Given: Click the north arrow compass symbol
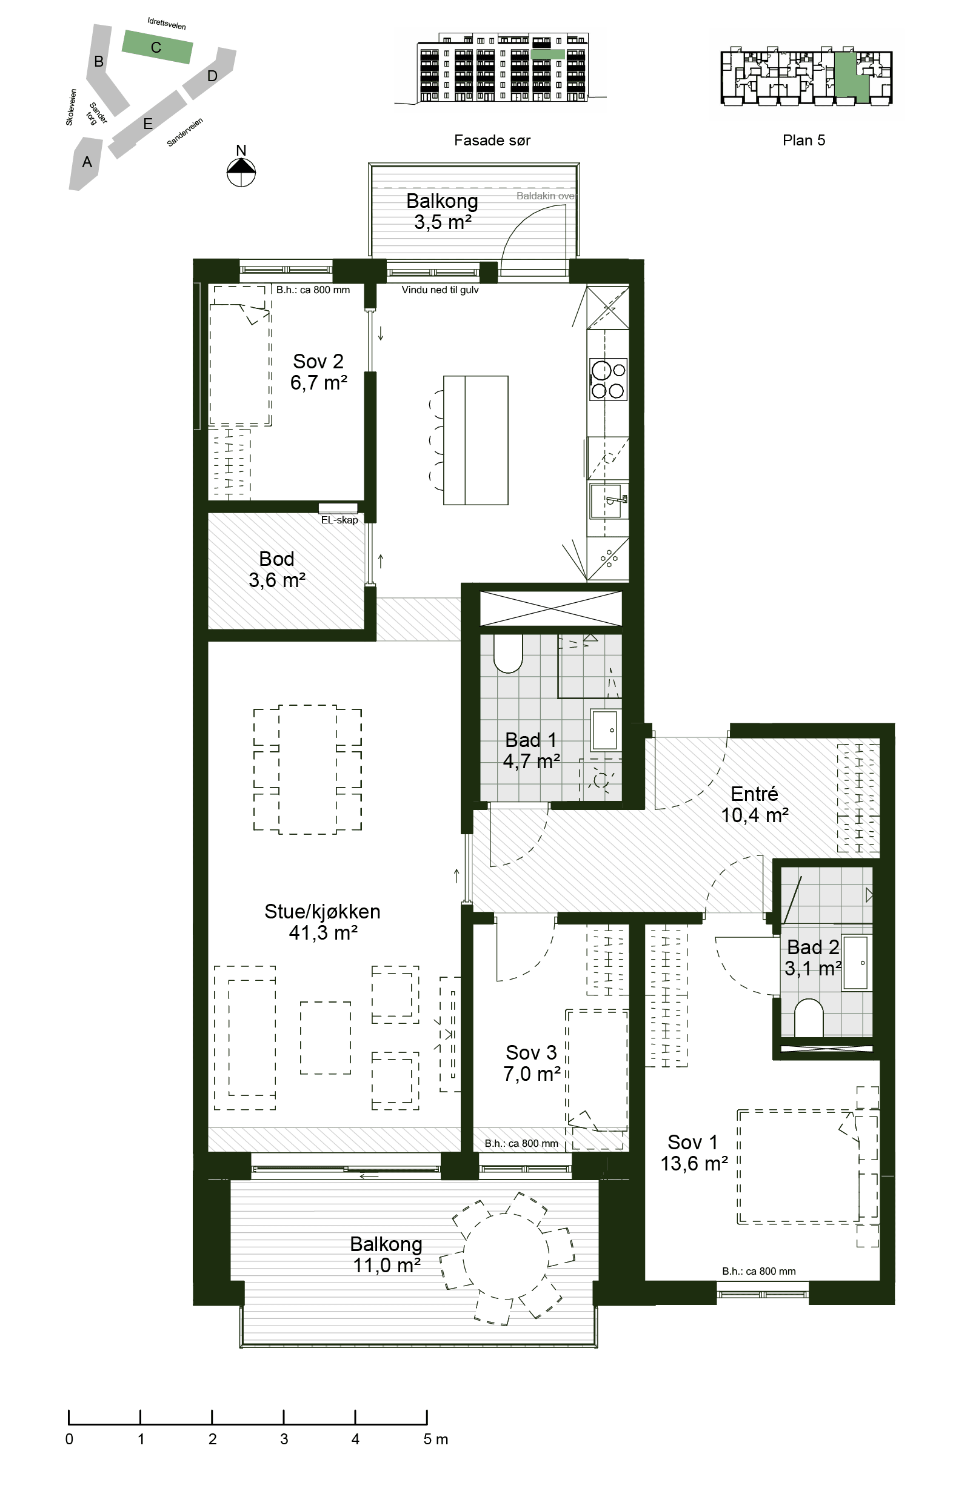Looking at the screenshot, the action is (241, 172).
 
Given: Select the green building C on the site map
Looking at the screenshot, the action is (157, 47).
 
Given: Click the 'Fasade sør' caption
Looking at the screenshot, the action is (492, 141).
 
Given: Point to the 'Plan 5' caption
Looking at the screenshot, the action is (804, 141).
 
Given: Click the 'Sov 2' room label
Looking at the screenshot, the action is (318, 361).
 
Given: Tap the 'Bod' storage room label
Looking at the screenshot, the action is (277, 559).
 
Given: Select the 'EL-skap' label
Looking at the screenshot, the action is (339, 520).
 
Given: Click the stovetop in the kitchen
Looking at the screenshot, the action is (609, 379).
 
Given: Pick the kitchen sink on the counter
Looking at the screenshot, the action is (609, 501).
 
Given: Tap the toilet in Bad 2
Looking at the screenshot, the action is (809, 1018).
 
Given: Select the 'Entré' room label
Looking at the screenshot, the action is (754, 794).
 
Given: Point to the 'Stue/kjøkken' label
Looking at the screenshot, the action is (323, 911).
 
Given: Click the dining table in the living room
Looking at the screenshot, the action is (307, 769).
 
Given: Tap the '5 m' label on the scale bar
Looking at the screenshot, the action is (435, 1439).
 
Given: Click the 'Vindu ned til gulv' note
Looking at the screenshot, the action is (440, 290).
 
